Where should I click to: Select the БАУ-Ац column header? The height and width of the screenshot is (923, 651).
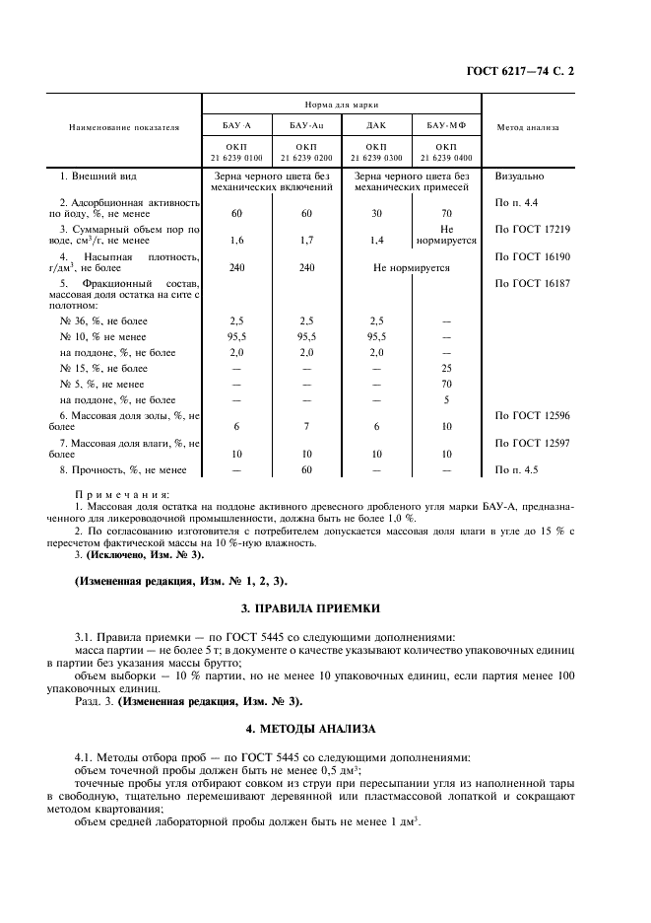[306, 126]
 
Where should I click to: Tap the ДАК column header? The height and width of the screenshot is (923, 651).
[376, 126]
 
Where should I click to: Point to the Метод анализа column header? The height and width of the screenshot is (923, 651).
[528, 126]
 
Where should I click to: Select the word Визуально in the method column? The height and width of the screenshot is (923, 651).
[521, 177]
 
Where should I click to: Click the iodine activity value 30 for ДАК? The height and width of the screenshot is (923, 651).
[376, 213]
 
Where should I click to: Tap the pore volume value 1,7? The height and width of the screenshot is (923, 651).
[306, 240]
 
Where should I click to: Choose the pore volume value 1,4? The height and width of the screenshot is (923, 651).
[376, 240]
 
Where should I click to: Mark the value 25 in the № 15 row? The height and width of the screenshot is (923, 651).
[445, 368]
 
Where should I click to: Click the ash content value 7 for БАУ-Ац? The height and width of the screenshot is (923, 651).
[306, 426]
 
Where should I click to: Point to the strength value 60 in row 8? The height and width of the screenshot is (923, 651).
[306, 470]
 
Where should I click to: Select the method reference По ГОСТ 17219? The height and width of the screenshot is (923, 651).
[533, 229]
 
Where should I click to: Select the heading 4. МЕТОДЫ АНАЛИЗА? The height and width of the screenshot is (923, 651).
[325, 729]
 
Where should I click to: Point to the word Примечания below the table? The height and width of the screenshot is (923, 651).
[121, 492]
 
